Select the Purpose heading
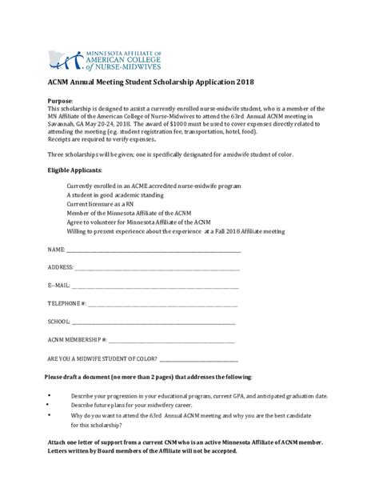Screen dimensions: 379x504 (61, 101)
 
